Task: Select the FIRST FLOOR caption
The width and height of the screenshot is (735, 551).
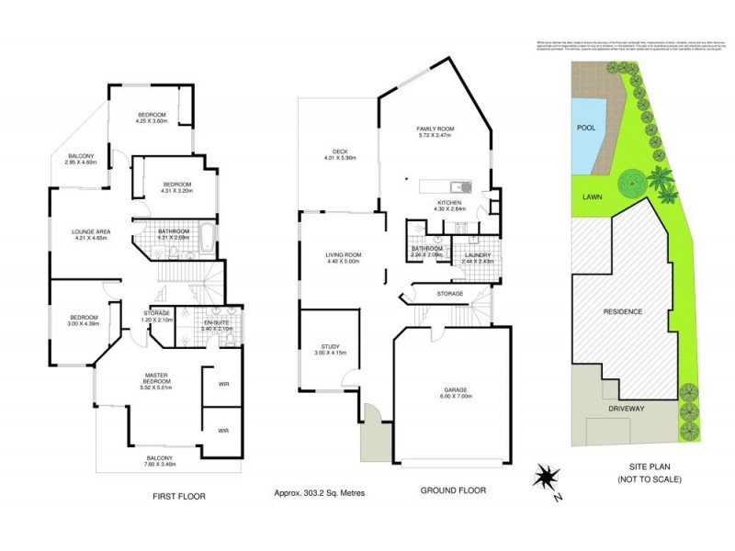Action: tap(178, 496)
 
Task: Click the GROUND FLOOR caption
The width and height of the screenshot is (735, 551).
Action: tap(453, 490)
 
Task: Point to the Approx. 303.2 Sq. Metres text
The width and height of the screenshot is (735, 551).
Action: tap(319, 493)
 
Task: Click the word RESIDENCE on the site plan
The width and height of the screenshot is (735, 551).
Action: tap(622, 312)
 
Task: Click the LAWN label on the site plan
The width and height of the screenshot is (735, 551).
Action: tap(591, 197)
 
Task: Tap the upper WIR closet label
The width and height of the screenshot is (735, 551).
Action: tap(223, 384)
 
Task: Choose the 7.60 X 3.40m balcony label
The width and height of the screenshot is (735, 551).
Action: tap(160, 461)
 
